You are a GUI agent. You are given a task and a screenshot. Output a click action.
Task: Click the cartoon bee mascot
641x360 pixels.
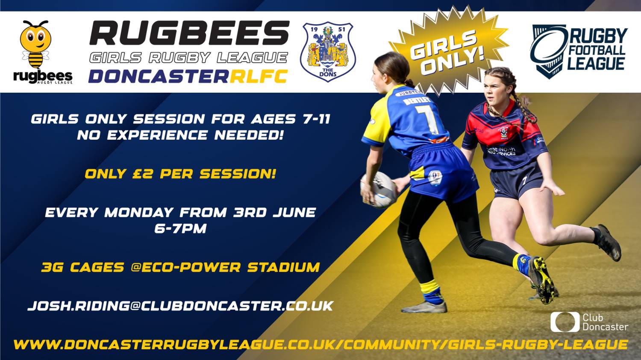(35, 44)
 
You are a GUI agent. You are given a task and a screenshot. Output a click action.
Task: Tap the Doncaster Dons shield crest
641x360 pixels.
(328, 52)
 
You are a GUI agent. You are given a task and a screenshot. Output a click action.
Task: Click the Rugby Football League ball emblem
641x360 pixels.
(548, 52)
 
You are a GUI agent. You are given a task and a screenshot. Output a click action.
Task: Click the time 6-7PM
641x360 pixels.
(180, 229)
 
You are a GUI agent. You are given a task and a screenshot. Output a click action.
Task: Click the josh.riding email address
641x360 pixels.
(181, 306)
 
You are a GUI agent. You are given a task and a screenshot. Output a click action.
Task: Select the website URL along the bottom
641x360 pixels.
(321, 344)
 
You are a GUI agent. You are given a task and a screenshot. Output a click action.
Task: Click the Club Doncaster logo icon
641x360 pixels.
(565, 322)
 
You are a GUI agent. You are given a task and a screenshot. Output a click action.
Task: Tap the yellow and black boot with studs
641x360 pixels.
(541, 280)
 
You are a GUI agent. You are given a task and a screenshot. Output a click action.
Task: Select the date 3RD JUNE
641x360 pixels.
(274, 212)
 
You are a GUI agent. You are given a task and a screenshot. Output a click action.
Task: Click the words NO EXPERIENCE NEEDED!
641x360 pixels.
(180, 135)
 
